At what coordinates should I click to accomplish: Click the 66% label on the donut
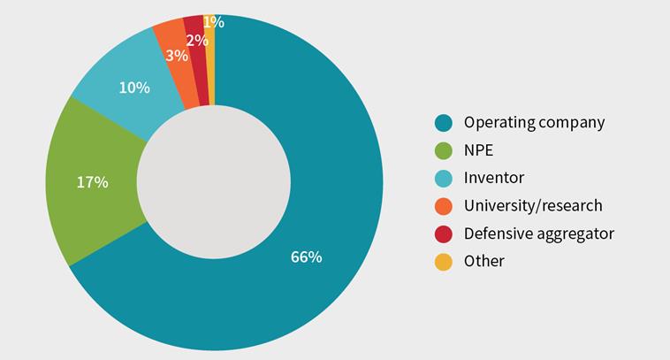pyautogui.click(x=306, y=257)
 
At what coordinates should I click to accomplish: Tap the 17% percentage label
pyautogui.click(x=92, y=182)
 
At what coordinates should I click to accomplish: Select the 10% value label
pyautogui.click(x=133, y=88)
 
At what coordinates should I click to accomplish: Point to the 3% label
pyautogui.click(x=177, y=56)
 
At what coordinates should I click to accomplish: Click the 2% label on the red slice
pyautogui.click(x=197, y=40)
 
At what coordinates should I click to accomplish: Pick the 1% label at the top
pyautogui.click(x=213, y=22)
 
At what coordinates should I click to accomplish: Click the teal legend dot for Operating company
pyautogui.click(x=443, y=122)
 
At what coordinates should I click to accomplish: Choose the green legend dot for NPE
pyautogui.click(x=443, y=150)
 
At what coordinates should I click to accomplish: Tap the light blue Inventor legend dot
pyautogui.click(x=443, y=178)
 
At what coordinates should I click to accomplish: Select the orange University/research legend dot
pyautogui.click(x=443, y=206)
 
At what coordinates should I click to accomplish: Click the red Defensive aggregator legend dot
pyautogui.click(x=443, y=234)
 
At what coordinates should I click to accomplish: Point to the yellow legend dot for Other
pyautogui.click(x=443, y=261)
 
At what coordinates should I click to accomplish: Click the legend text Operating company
pyautogui.click(x=534, y=122)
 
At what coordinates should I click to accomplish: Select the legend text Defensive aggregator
pyautogui.click(x=538, y=234)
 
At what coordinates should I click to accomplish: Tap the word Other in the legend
pyautogui.click(x=483, y=261)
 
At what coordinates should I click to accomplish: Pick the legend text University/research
pyautogui.click(x=533, y=206)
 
